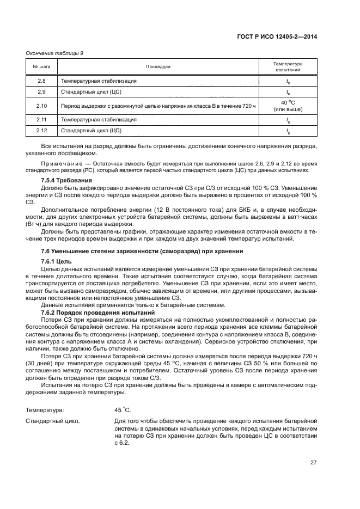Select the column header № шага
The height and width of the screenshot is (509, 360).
[42, 67]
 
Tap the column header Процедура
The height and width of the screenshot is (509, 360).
[158, 67]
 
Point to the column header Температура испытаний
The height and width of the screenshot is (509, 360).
[288, 67]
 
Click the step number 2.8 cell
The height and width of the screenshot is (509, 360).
[42, 81]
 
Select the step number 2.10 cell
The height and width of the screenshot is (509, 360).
[42, 106]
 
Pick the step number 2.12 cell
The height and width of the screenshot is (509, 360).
[42, 131]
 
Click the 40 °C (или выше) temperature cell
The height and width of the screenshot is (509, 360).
[288, 106]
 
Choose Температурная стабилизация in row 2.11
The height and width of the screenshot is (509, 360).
[99, 119]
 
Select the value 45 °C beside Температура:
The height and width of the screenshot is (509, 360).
[123, 409]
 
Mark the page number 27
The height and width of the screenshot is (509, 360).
[314, 463]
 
